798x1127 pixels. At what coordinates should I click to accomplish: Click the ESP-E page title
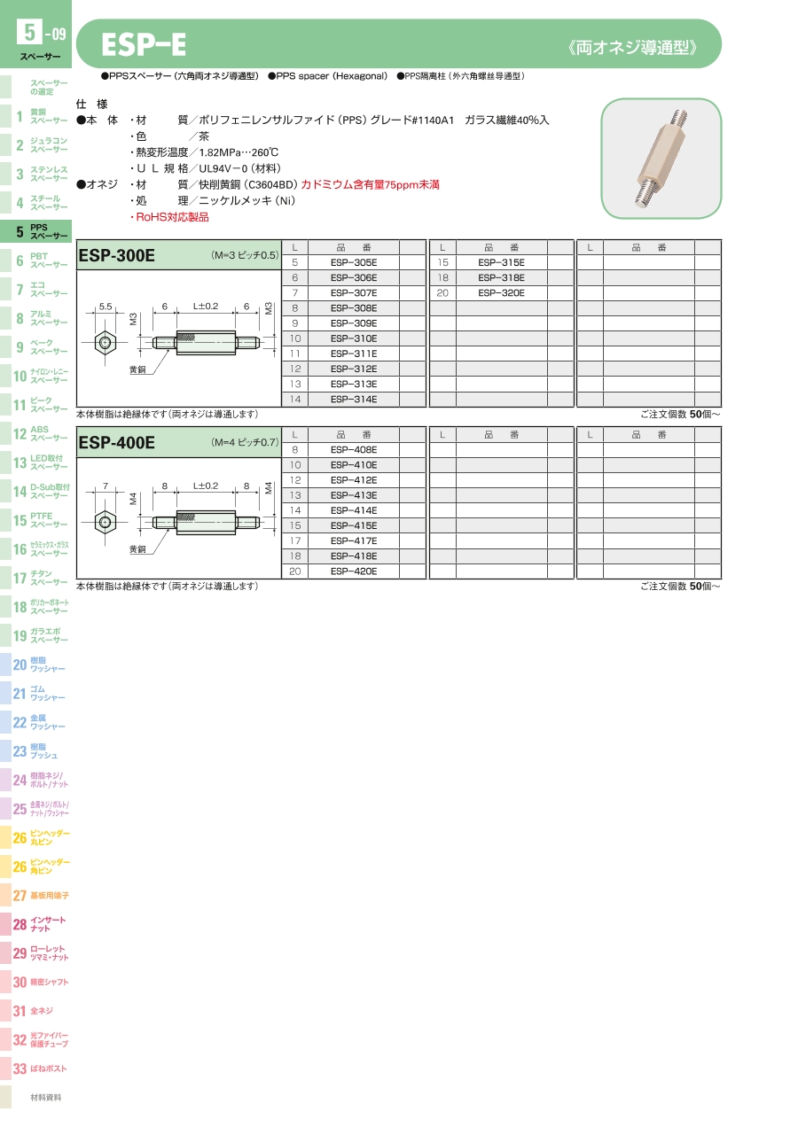coord(143,45)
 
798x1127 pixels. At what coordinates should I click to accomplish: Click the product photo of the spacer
coord(661,159)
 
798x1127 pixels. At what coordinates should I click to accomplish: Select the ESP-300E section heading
coord(117,256)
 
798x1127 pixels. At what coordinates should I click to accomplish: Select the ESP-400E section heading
coord(117,442)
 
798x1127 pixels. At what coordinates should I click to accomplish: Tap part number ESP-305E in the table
coord(354,263)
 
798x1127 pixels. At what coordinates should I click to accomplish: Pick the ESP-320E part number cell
coord(501,293)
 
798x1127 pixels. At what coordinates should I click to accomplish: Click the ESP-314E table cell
coord(354,400)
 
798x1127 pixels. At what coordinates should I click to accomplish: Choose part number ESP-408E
coord(354,450)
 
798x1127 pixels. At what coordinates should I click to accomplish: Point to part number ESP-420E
coord(354,571)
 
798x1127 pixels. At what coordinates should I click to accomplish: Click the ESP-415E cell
coord(354,525)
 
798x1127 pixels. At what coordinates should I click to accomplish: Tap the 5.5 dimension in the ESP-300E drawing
coord(106,306)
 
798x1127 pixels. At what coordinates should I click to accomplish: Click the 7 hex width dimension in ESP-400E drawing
coord(106,486)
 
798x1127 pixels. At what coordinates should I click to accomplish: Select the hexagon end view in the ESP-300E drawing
coord(106,342)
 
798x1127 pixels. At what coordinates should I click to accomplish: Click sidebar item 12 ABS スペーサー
coord(40,434)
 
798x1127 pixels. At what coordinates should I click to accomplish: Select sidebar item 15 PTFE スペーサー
coord(40,520)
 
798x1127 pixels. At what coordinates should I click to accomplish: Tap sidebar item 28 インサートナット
coord(40,925)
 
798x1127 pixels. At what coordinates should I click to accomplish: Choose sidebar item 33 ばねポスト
coord(40,1069)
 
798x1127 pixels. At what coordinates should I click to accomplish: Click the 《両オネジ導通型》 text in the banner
coord(632,46)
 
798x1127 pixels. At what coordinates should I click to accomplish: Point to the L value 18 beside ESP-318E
coord(442,278)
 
